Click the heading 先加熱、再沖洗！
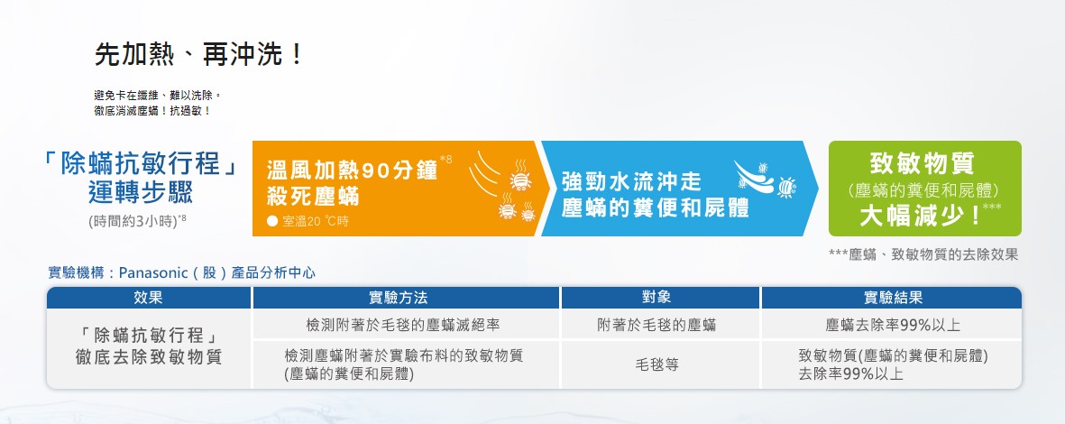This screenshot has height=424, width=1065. [x=199, y=55]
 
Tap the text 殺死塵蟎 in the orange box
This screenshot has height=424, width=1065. [x=313, y=197]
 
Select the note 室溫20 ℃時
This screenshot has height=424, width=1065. [x=307, y=221]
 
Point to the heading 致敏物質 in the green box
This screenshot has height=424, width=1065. [x=922, y=163]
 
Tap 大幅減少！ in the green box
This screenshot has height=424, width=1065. [x=921, y=217]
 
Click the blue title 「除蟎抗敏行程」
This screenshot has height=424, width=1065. [x=139, y=164]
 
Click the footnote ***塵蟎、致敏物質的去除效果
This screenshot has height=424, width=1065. [x=923, y=254]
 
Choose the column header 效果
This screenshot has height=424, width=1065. [x=149, y=298]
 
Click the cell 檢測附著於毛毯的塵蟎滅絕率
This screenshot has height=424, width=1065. [x=403, y=326]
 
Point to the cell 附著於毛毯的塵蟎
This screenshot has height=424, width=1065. [x=656, y=326]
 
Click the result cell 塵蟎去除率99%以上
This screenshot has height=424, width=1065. [x=893, y=326]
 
